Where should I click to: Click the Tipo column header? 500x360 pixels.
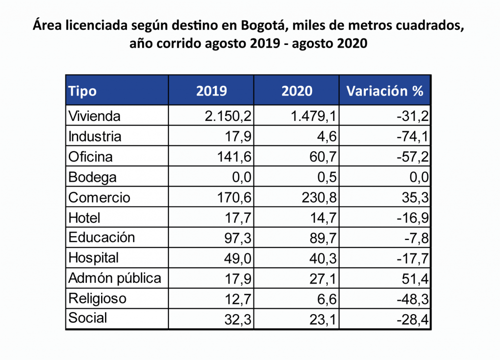(83, 91)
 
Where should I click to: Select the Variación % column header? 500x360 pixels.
(384, 91)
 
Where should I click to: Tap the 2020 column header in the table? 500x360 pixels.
(297, 91)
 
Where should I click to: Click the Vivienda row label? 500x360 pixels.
(94, 116)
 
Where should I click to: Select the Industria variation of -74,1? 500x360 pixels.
(413, 136)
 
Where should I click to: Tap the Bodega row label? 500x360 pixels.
(92, 177)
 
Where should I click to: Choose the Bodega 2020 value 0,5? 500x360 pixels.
(326, 177)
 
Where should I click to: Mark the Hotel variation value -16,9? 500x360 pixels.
(413, 217)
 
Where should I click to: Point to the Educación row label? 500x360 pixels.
(102, 238)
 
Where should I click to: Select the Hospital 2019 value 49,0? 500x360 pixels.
(238, 258)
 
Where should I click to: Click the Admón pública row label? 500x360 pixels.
(115, 278)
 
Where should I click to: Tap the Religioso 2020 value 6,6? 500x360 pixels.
(326, 298)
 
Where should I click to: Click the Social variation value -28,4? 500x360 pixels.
(413, 319)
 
